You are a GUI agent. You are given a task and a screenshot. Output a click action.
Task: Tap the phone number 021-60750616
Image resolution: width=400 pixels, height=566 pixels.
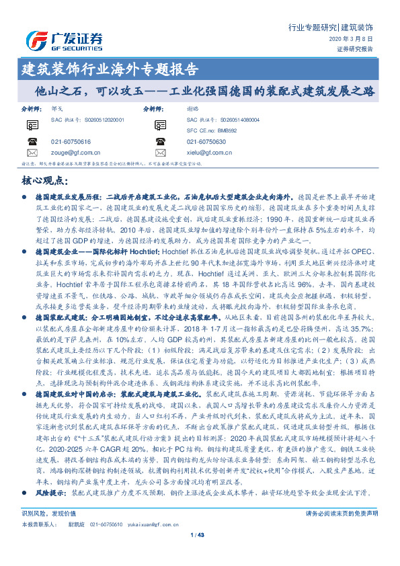point(71,141)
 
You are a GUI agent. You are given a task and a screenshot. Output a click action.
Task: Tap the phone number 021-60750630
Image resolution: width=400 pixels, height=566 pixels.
point(207,141)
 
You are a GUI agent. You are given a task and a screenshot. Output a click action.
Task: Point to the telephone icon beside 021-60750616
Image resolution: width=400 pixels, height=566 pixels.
point(32,141)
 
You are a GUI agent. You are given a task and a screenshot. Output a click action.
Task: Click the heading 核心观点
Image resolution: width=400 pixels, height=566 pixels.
point(46,180)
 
